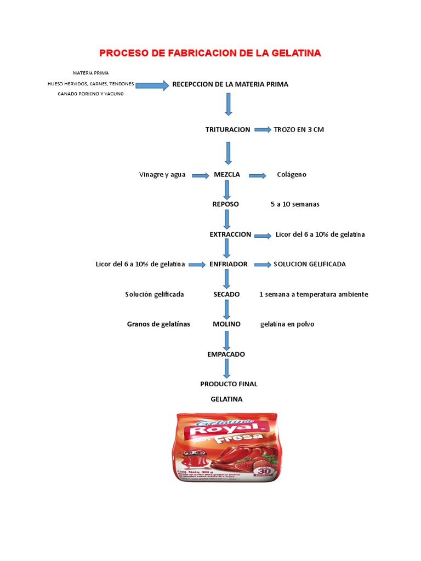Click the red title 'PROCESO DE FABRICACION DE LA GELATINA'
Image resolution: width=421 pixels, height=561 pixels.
(x=210, y=53)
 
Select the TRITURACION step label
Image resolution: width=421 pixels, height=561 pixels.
(x=227, y=130)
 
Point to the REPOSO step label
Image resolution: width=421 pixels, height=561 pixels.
(x=226, y=204)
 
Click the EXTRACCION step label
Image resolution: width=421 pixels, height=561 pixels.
(x=230, y=234)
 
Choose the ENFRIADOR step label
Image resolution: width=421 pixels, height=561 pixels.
(x=229, y=264)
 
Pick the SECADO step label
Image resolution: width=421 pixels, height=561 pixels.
(x=226, y=294)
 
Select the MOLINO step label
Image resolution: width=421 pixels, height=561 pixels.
(x=226, y=324)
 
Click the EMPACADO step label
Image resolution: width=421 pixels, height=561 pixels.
(x=226, y=354)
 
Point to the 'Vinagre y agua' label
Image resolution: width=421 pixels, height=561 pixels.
(x=162, y=175)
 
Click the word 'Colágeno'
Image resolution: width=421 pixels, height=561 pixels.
(x=292, y=175)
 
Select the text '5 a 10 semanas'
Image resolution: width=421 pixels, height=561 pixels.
(x=295, y=204)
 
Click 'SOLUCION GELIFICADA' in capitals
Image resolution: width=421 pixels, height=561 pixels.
(x=310, y=264)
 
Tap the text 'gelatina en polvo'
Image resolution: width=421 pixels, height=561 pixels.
(x=287, y=324)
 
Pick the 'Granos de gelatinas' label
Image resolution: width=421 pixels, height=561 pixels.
(x=158, y=324)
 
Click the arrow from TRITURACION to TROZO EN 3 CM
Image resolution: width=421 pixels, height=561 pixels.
(x=262, y=130)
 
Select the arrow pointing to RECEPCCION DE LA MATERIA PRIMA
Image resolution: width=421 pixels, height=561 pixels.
(x=152, y=85)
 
